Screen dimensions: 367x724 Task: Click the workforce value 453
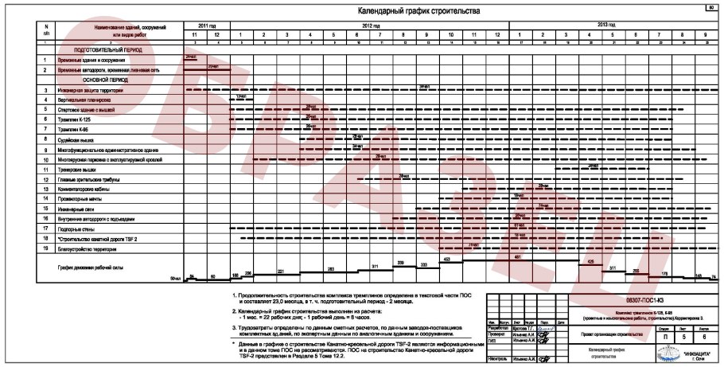(447, 260)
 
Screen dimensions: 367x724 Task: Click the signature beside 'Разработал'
(545, 326)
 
